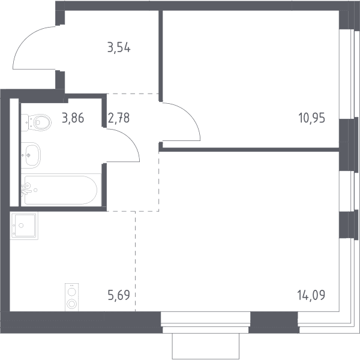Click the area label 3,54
(119, 49)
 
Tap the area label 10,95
(311, 118)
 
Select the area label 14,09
(311, 295)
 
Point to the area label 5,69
(119, 295)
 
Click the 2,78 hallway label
(119, 118)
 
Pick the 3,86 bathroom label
(73, 118)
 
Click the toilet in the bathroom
(36, 122)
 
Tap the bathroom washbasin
(31, 155)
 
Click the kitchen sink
(24, 226)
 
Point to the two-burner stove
(71, 298)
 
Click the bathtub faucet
(25, 189)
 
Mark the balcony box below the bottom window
(206, 346)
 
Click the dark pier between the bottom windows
(274, 322)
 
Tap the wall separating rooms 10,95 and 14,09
(249, 149)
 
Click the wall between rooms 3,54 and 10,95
(161, 56)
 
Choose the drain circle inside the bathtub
(35, 190)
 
